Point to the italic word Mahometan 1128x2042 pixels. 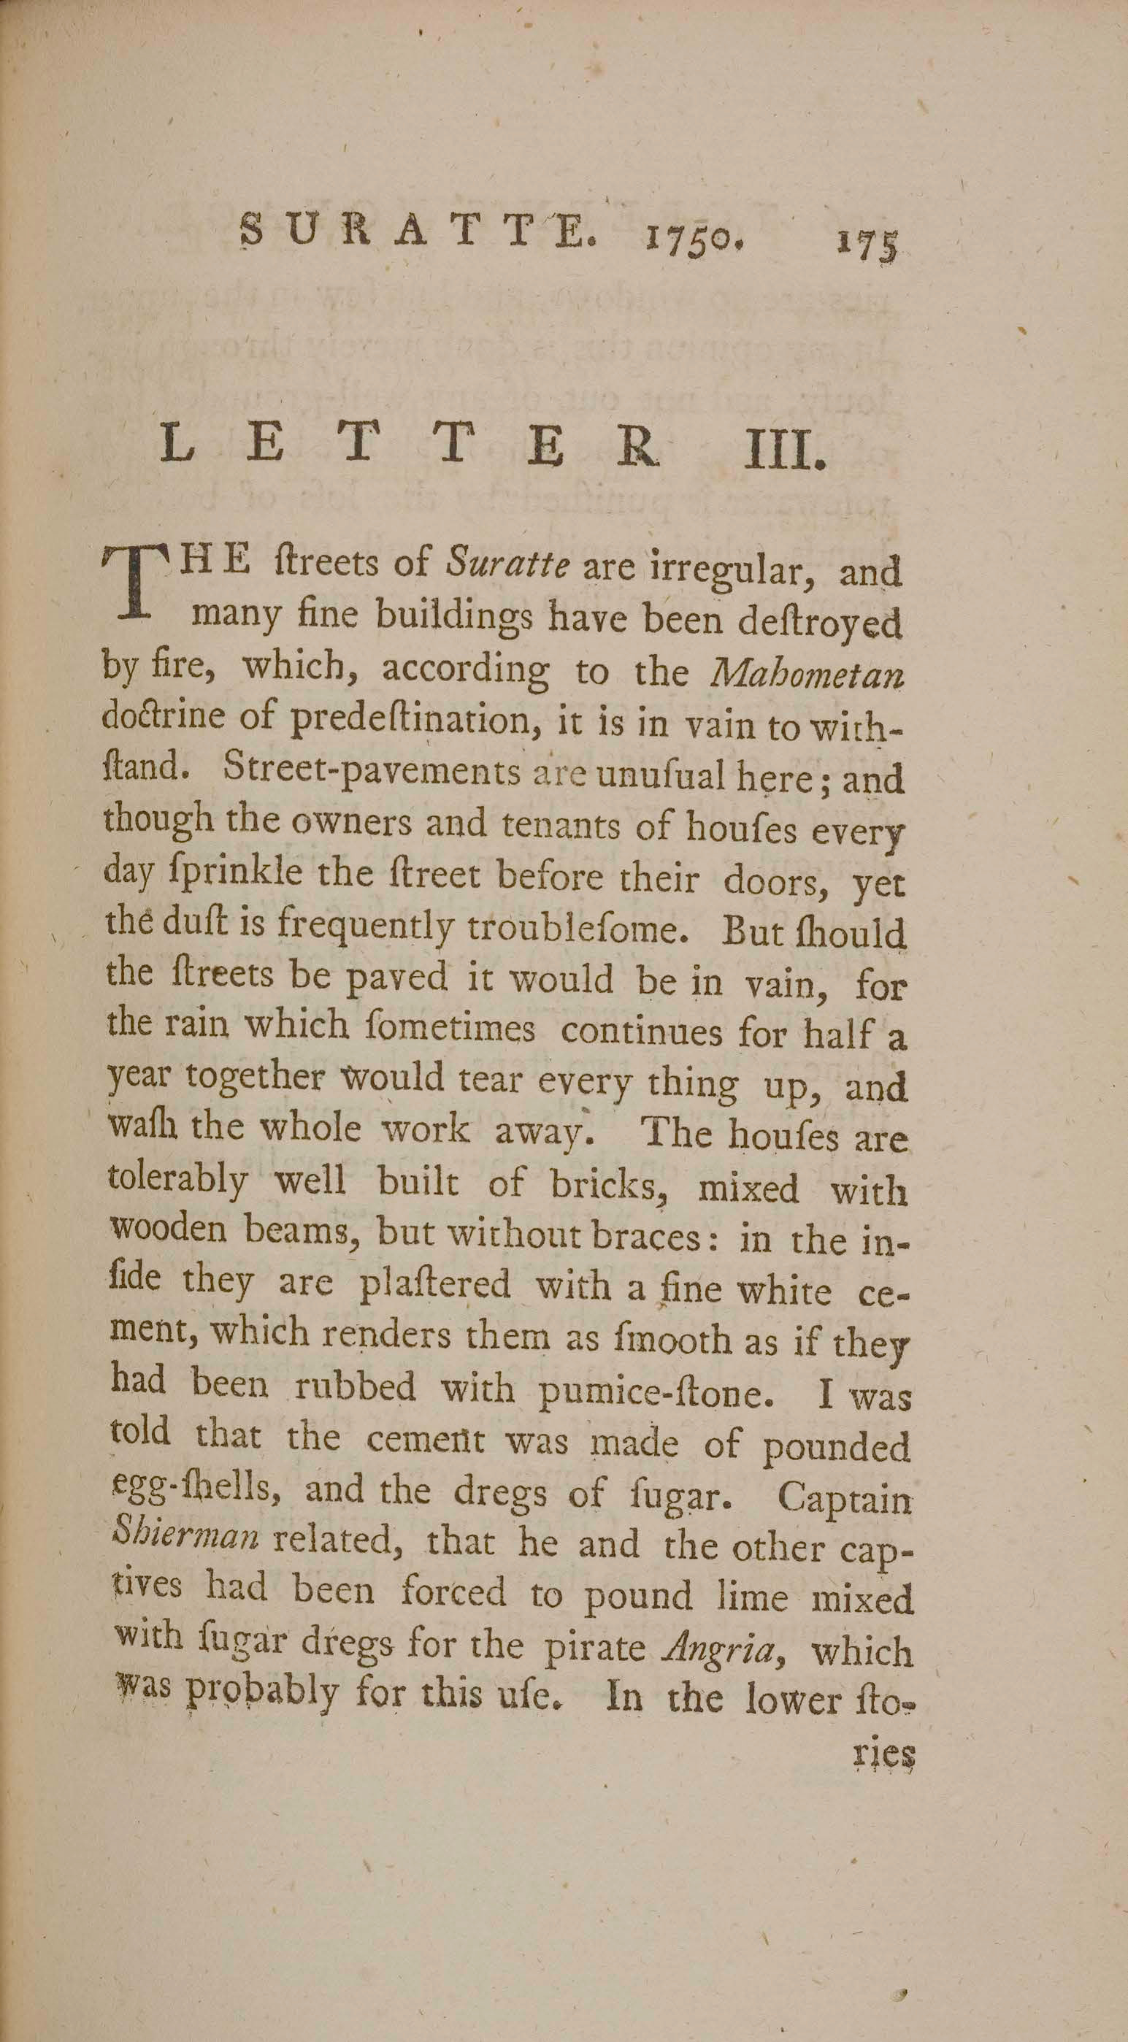click(x=807, y=674)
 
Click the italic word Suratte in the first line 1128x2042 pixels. click(x=507, y=564)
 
